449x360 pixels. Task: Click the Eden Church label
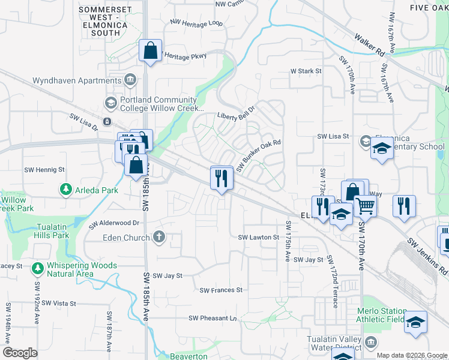point(128,237)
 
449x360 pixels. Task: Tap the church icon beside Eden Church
point(159,236)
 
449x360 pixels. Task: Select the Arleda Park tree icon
point(65,190)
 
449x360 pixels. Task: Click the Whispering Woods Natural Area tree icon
point(37,267)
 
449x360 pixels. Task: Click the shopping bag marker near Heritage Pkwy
point(150,51)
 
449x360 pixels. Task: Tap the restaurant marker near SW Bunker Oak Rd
point(221,178)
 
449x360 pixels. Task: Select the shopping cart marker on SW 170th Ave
point(365,206)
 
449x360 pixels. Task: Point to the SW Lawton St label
point(259,238)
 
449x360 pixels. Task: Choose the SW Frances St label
point(221,290)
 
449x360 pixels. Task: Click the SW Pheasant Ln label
point(213,318)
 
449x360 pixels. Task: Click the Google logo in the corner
point(20,353)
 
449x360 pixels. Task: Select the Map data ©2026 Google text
point(412,355)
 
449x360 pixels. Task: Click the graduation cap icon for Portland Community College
point(110,103)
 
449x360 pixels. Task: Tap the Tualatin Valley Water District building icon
point(371,343)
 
